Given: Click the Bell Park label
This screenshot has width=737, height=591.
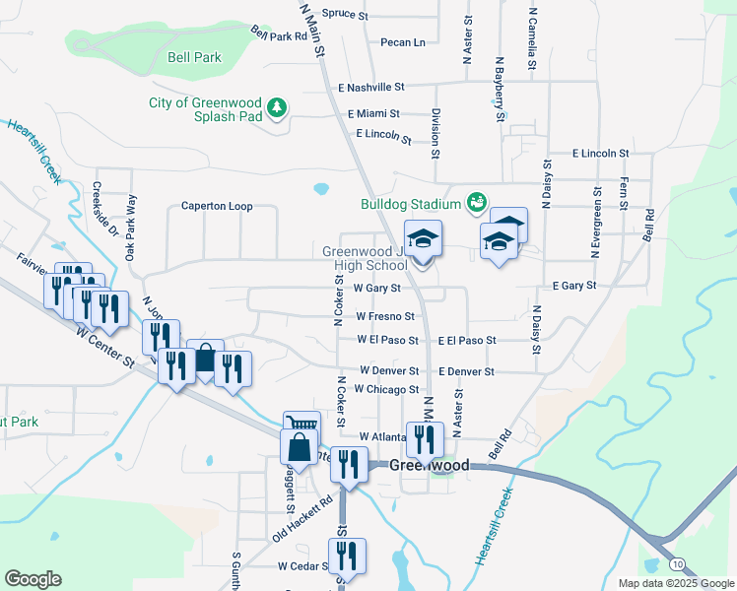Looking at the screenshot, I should (194, 58).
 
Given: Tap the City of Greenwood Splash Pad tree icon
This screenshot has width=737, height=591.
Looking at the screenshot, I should (278, 107).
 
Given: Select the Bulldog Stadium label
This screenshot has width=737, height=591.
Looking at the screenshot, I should (410, 205).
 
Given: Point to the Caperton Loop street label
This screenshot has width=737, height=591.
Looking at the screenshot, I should (216, 207).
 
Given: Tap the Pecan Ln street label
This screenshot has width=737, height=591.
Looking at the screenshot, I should (403, 42).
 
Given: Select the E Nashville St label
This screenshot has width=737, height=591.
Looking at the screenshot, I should (370, 88).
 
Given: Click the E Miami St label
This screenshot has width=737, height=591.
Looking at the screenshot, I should (366, 114).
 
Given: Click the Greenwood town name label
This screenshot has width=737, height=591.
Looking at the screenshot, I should (429, 465).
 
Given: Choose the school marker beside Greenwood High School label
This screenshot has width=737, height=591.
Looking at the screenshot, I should (423, 239).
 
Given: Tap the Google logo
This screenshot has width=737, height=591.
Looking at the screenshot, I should (33, 579).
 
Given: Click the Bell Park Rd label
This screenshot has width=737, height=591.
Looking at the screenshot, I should (280, 36).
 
